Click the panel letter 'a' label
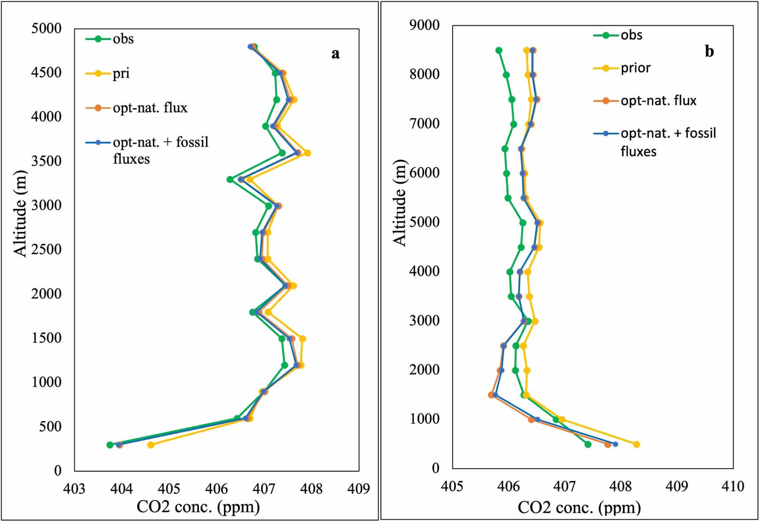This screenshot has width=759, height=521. tap(335, 54)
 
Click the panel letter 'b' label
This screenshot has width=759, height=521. tap(709, 52)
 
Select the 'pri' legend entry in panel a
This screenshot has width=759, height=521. tap(121, 73)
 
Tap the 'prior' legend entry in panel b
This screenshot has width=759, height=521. tap(635, 68)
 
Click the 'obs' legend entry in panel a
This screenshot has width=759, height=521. tap(123, 39)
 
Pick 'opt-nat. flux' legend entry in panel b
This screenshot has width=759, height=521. tap(658, 101)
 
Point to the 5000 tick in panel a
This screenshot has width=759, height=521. tap(47, 29)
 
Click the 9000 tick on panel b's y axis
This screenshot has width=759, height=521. tap(424, 25)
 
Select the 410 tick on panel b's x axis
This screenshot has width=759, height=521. tap(733, 486)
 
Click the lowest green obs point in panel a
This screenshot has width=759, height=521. tap(110, 445)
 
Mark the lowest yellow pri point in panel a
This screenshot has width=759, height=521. tap(151, 445)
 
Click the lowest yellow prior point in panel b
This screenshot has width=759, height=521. tap(636, 444)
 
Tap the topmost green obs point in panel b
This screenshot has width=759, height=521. tap(499, 51)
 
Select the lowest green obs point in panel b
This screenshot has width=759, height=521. tap(588, 444)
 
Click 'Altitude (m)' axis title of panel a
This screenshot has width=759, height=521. tap(20, 213)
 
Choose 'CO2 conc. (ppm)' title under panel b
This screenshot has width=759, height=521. tap(579, 507)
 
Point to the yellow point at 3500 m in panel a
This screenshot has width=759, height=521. tap(308, 153)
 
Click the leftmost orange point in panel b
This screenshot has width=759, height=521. tap(491, 395)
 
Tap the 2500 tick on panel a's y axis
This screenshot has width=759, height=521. tap(47, 249)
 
